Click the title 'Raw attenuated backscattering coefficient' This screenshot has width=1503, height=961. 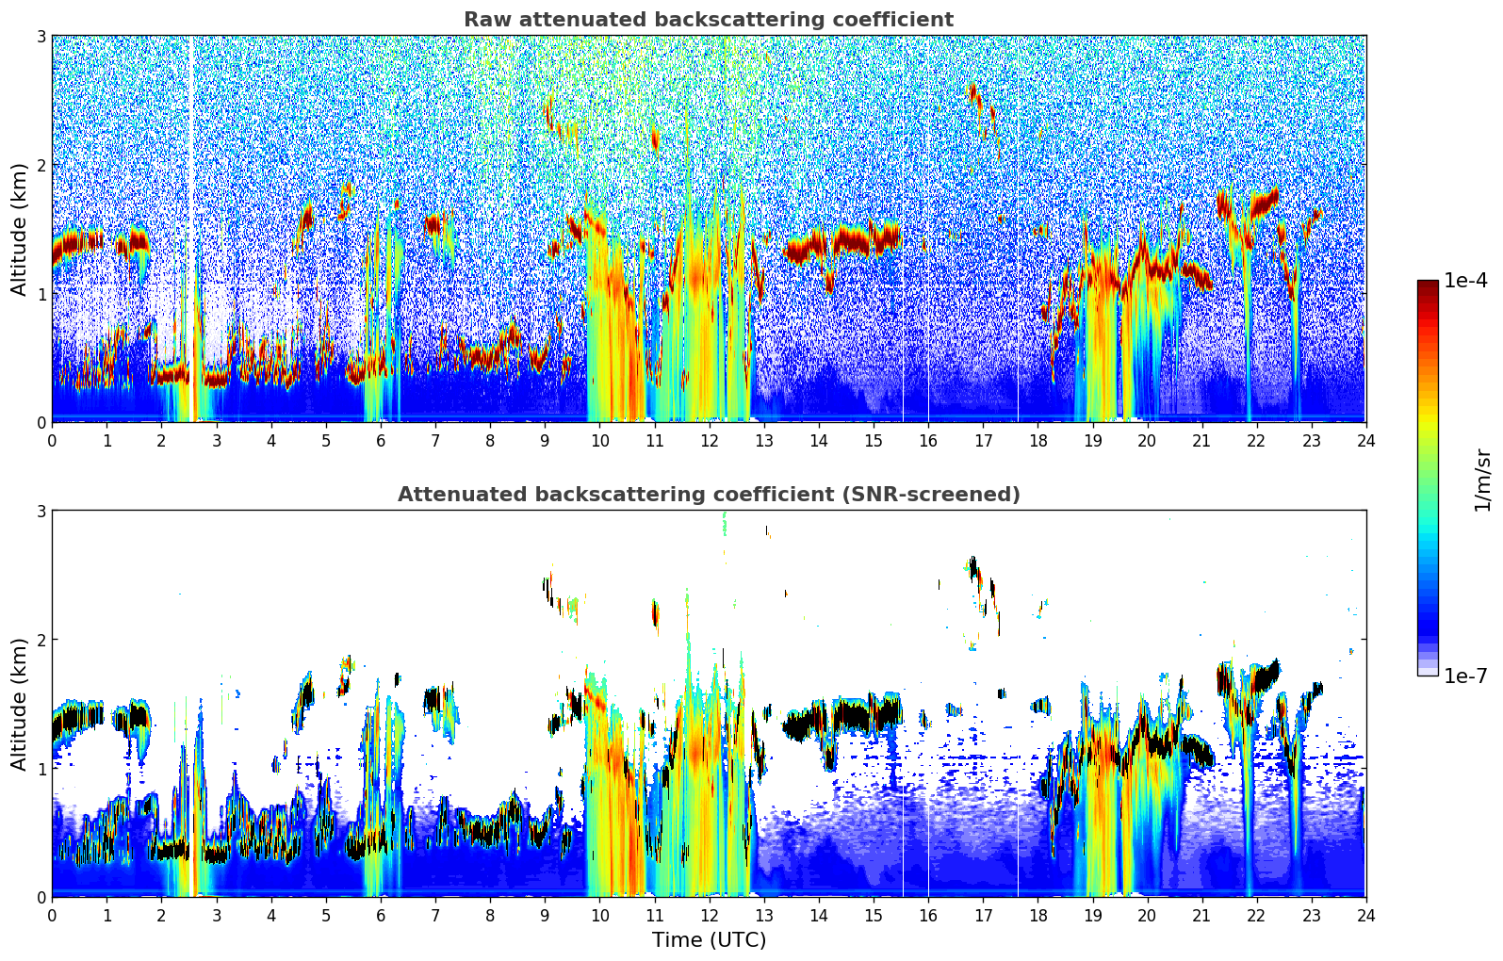(x=708, y=20)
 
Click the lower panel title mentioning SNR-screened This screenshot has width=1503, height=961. (x=708, y=495)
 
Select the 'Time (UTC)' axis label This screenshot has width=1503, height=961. (x=709, y=939)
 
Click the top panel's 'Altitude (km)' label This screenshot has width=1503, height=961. (x=19, y=229)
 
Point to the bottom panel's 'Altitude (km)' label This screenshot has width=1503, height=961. (x=19, y=704)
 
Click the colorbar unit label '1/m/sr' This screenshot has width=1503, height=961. (x=1482, y=480)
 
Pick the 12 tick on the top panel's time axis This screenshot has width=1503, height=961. (x=709, y=440)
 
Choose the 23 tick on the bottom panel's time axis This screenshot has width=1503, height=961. (x=1311, y=915)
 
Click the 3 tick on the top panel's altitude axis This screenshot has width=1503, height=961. (x=41, y=36)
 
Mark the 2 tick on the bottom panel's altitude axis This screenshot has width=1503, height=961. (x=41, y=640)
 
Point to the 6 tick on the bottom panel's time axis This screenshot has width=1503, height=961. (x=381, y=915)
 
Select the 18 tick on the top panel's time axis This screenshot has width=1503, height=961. (x=1037, y=440)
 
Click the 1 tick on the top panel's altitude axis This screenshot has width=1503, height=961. (x=41, y=294)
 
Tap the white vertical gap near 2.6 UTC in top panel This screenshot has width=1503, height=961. (x=192, y=226)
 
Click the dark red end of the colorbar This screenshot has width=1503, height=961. (x=1428, y=285)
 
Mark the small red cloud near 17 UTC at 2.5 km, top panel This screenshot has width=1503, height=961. (x=974, y=96)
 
